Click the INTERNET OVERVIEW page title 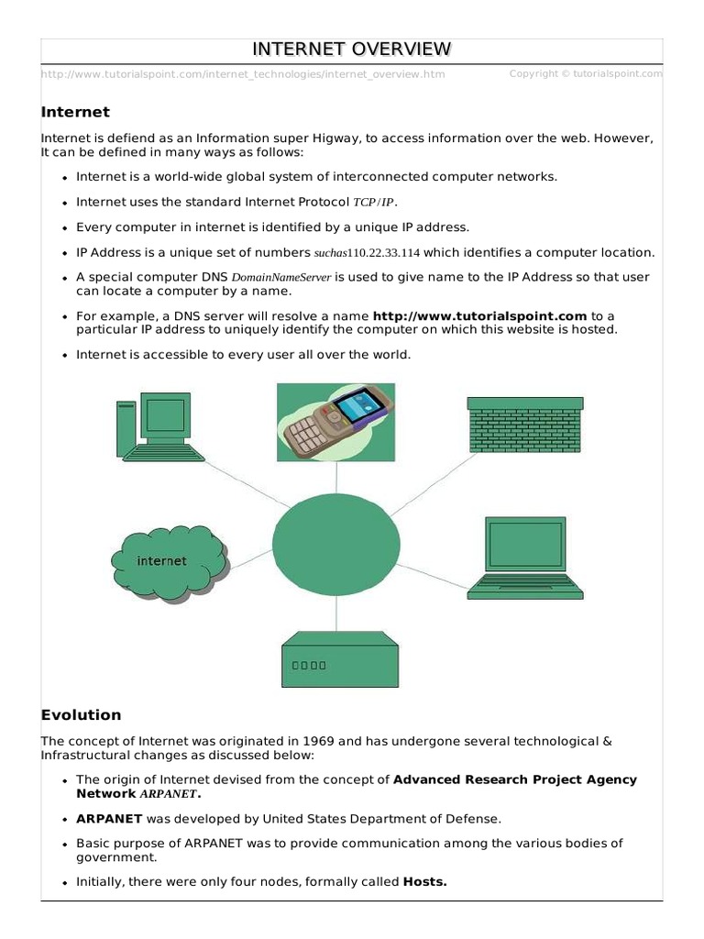point(352,49)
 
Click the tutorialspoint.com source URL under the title point(243,74)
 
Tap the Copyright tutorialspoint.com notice point(585,74)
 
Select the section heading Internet point(75,112)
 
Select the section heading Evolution point(81,714)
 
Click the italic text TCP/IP point(376,203)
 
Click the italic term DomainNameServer point(280,277)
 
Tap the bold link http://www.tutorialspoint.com point(479,315)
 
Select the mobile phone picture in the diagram point(335,423)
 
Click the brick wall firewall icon point(524,424)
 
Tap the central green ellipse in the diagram point(335,542)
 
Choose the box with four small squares point(339,659)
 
